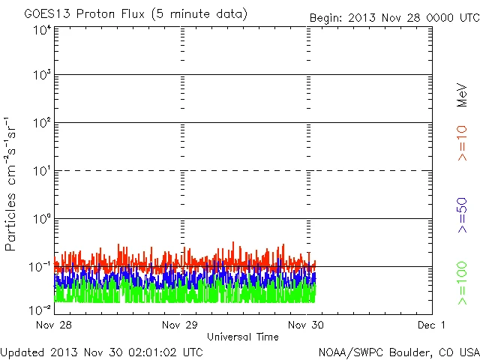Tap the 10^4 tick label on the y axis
pyautogui.click(x=41, y=29)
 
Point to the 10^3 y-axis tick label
pyautogui.click(x=41, y=76)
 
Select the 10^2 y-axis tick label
pyautogui.click(x=41, y=123)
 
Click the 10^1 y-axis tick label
pyautogui.click(x=41, y=171)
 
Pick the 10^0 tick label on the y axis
pyautogui.click(x=41, y=219)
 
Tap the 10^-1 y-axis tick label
pyautogui.click(x=40, y=267)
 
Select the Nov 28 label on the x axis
pyautogui.click(x=53, y=325)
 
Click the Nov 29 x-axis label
pyautogui.click(x=180, y=325)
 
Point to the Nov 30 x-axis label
pyautogui.click(x=306, y=325)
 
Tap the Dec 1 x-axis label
pyautogui.click(x=432, y=325)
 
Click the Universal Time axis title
pyautogui.click(x=242, y=337)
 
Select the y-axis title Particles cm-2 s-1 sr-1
pyautogui.click(x=13, y=184)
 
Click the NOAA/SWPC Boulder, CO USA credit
pyautogui.click(x=398, y=351)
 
